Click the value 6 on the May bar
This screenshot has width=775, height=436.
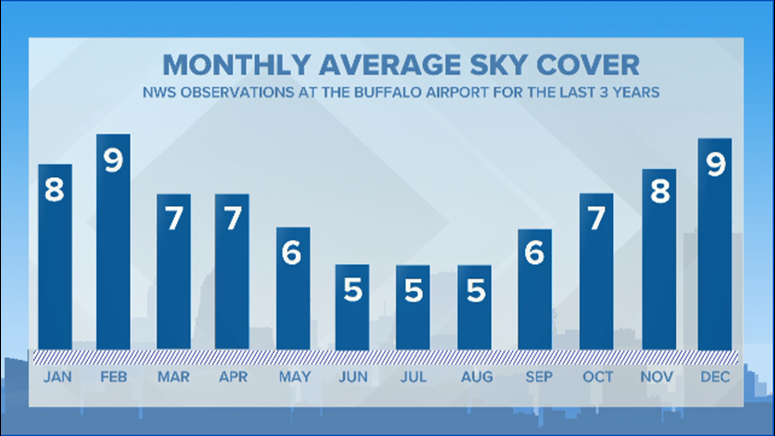[291, 253]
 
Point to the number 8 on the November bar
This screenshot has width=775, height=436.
[660, 191]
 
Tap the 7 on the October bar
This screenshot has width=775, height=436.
[597, 218]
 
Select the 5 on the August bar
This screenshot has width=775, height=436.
[475, 290]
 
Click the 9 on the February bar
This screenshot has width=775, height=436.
[113, 160]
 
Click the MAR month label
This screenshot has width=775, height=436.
[174, 377]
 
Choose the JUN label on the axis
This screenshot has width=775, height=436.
[353, 377]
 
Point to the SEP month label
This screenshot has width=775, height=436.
[539, 377]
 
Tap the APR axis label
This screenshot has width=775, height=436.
[233, 377]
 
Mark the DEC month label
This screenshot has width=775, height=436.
[715, 377]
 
